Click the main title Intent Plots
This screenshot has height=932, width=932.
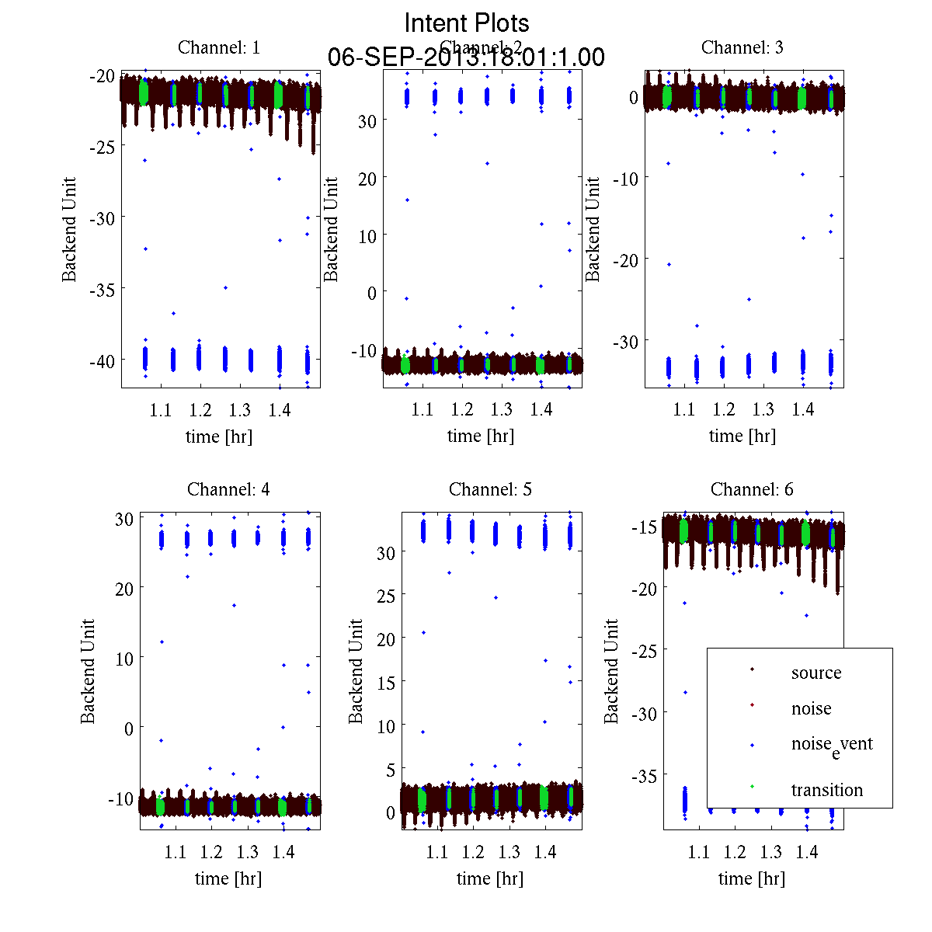click(x=467, y=23)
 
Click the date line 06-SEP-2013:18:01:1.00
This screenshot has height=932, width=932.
click(x=466, y=57)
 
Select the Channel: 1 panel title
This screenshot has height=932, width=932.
click(x=219, y=47)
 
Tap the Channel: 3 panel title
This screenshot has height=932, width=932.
click(x=742, y=47)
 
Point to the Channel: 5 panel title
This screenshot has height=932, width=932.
click(x=490, y=489)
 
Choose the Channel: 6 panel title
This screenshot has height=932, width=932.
click(x=752, y=489)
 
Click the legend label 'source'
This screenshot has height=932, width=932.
click(x=816, y=673)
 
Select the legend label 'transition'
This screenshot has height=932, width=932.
click(x=827, y=790)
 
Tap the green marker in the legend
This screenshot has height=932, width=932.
click(x=752, y=788)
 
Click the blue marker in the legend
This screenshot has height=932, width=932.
click(x=752, y=746)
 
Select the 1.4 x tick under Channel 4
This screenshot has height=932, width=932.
click(x=283, y=852)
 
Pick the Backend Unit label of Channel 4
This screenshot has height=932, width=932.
click(x=88, y=671)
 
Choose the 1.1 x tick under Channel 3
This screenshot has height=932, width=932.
click(x=683, y=410)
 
